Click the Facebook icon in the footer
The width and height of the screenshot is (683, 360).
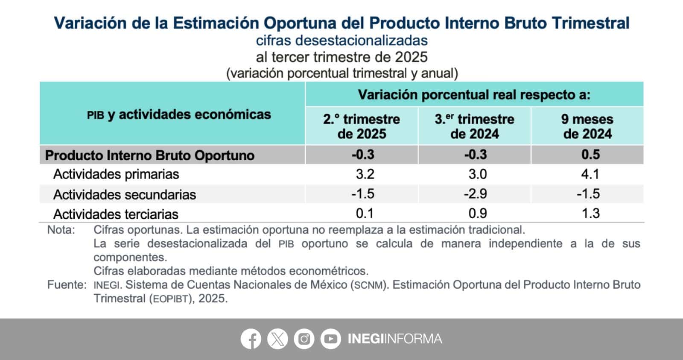(251, 340)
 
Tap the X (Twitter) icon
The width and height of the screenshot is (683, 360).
(277, 340)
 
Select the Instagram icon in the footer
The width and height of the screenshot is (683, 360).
(304, 340)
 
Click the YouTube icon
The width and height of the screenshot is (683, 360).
(330, 340)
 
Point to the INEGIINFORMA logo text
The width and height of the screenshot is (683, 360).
(394, 339)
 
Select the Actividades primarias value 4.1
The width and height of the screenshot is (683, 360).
(590, 174)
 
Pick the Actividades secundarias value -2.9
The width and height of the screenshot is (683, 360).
(476, 194)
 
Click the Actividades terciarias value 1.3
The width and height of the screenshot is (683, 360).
(590, 213)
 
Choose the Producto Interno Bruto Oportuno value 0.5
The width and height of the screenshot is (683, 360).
(590, 155)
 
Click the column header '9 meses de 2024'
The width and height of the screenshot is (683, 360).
(587, 126)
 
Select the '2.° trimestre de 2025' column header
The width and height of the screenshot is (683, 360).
(362, 126)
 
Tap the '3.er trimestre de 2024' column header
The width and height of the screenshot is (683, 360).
(475, 126)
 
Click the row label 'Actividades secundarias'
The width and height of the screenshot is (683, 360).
(125, 195)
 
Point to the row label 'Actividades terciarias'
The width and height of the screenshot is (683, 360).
(116, 214)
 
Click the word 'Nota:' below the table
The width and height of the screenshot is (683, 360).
(61, 230)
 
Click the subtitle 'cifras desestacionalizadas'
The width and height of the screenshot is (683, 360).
(341, 41)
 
